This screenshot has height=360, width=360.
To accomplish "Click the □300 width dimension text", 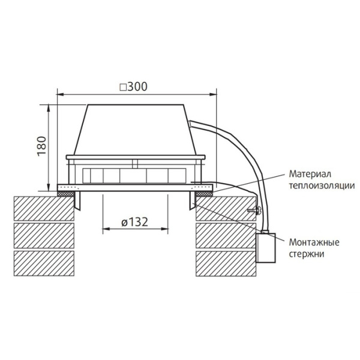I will coord(133,86).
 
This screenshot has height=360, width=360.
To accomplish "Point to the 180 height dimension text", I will coord(41,146).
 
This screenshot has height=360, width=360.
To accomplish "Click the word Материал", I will coord(308,173).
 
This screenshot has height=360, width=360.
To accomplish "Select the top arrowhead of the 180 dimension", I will coord(49,107).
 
